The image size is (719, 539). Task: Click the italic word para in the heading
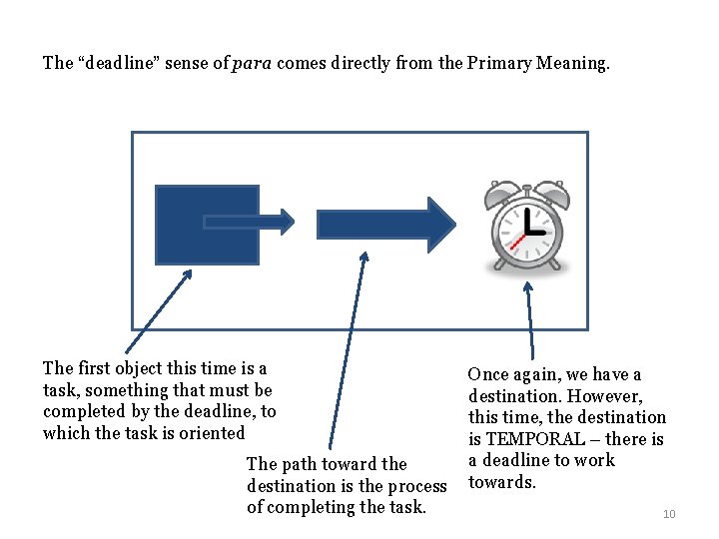[252, 63]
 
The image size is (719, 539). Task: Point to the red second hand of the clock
[515, 243]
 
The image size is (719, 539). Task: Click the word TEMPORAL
[531, 439]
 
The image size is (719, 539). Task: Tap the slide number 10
[669, 514]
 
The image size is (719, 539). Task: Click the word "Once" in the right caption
[488, 374]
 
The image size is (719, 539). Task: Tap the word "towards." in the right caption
[502, 483]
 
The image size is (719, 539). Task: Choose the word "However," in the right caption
[605, 396]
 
